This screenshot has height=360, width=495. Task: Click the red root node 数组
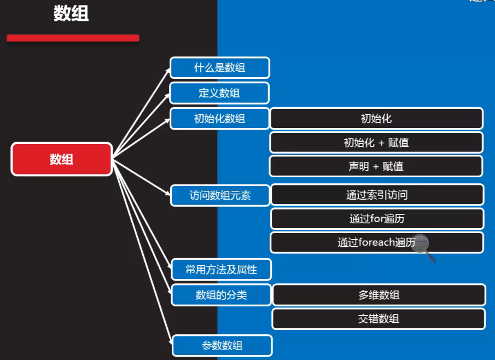coord(62,159)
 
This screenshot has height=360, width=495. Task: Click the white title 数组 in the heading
coord(71,14)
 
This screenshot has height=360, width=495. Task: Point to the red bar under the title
coord(73,38)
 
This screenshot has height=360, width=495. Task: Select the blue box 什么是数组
coord(219,68)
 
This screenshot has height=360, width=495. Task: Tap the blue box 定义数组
coord(219,93)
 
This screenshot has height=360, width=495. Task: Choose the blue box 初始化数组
coord(219,118)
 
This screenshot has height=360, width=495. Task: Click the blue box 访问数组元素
coord(220,195)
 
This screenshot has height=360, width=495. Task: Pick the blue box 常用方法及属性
coord(222,269)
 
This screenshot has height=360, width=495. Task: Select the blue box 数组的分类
coord(222,295)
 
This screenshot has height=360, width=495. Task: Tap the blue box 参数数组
coord(222,345)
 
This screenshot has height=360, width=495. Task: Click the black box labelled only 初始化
coord(376,118)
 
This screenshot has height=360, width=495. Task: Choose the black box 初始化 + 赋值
coord(376,142)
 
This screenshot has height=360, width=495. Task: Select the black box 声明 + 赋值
coord(376,166)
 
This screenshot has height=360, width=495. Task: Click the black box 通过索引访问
coord(377,195)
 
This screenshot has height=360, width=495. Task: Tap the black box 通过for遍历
coord(377,219)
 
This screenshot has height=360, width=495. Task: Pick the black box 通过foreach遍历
coord(377,242)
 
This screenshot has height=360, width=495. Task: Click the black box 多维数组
coord(379,295)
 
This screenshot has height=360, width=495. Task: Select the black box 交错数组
coord(379,319)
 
